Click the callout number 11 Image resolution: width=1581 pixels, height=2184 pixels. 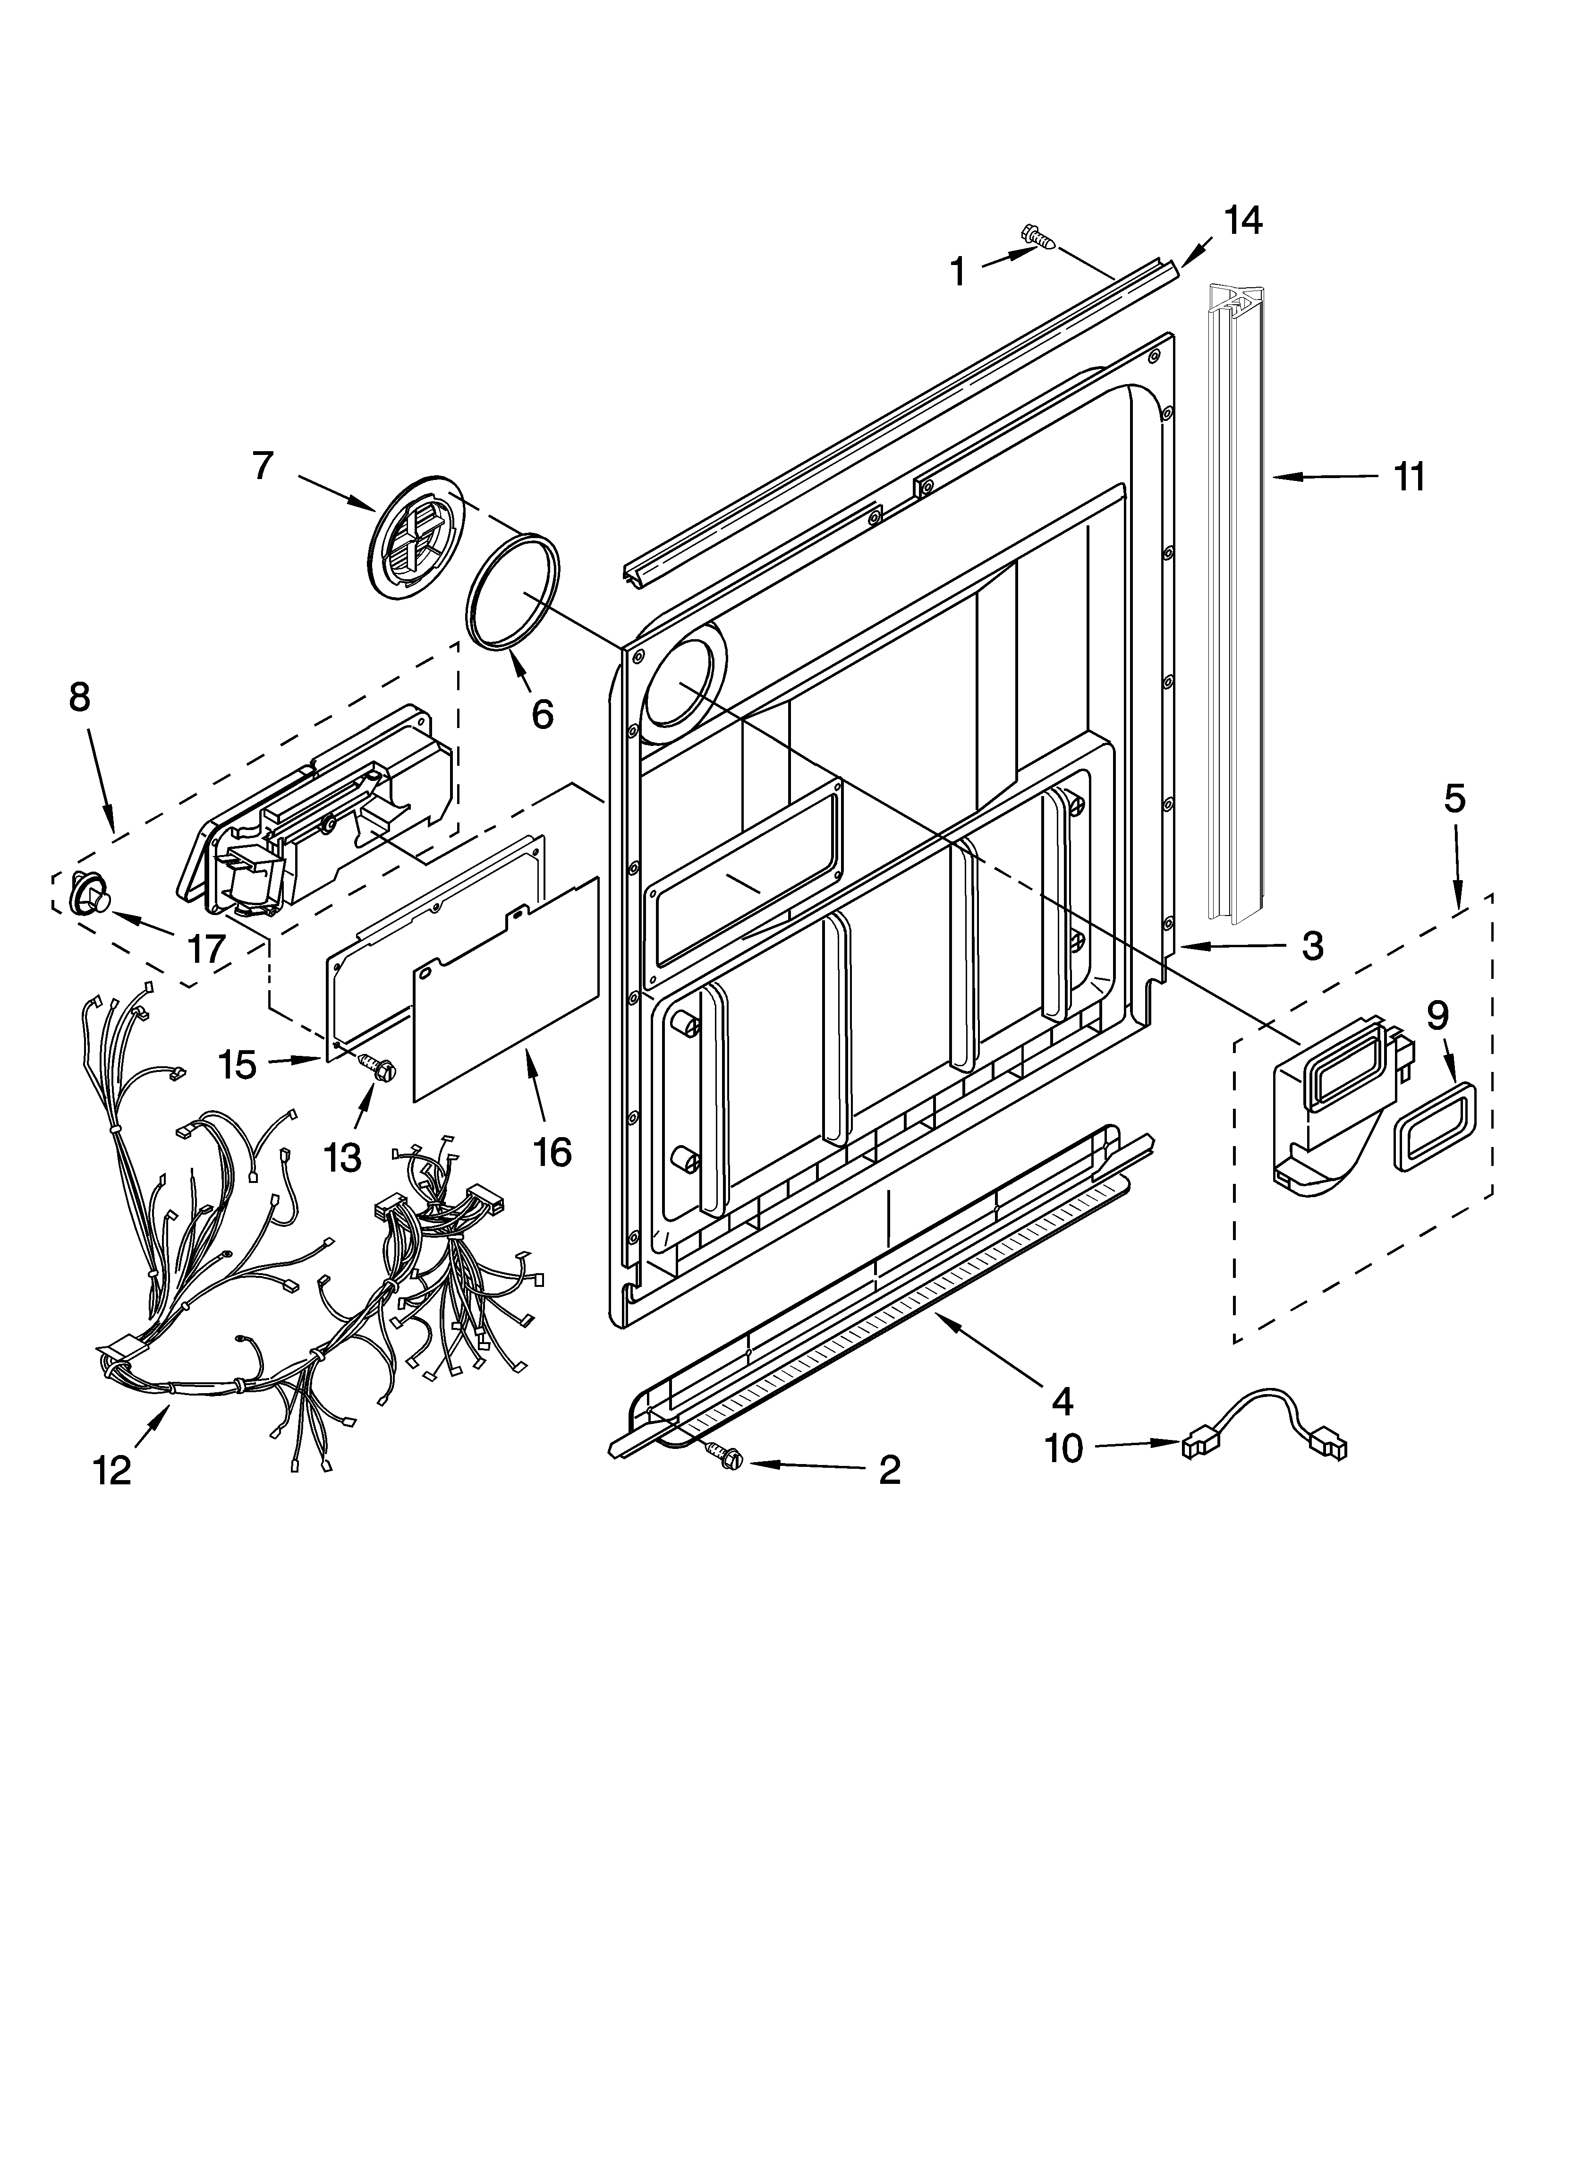tap(1409, 477)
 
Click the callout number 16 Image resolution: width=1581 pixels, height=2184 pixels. tap(552, 1151)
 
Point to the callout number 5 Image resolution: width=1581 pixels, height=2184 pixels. tap(1454, 798)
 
